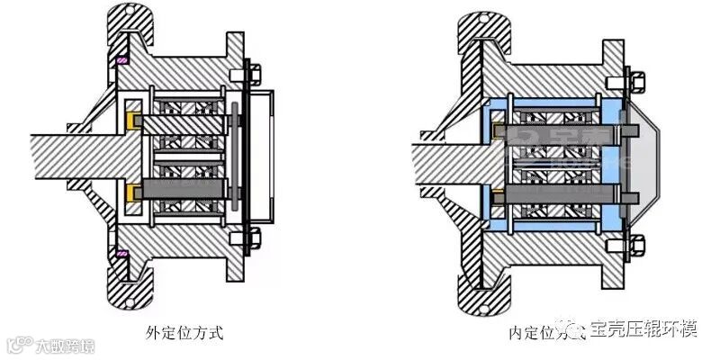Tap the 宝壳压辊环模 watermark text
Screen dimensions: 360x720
643,329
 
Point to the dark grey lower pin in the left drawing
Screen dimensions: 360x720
180,191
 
